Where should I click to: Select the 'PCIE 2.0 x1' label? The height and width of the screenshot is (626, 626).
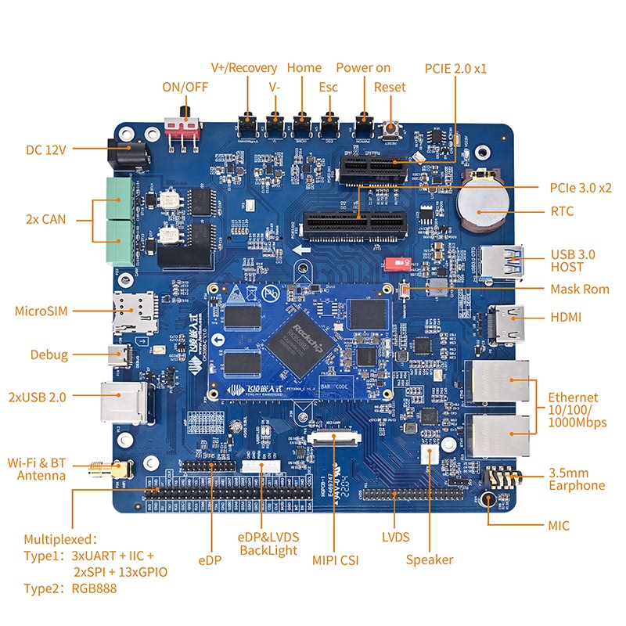click(x=455, y=68)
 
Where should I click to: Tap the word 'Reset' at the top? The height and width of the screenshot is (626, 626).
click(x=390, y=87)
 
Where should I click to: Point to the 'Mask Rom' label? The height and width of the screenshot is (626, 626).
click(x=579, y=289)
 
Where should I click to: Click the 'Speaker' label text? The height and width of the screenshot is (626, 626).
click(x=429, y=559)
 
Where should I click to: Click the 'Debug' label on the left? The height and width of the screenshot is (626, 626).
click(x=49, y=354)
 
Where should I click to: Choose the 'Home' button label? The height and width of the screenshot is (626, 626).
click(x=304, y=68)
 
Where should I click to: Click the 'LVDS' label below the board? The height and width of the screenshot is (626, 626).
click(x=395, y=538)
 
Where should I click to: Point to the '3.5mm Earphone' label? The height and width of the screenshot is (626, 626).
click(x=576, y=479)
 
